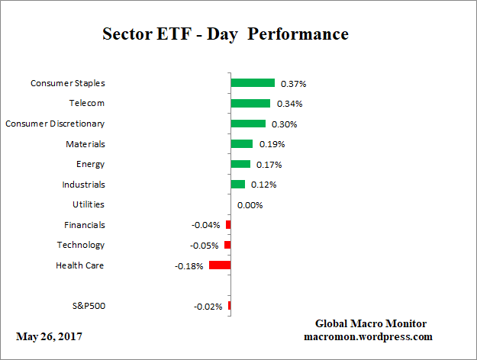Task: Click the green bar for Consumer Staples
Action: click(253, 83)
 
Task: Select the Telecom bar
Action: click(250, 103)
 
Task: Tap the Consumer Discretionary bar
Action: click(248, 124)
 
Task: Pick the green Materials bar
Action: click(241, 143)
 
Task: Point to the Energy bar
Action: click(240, 164)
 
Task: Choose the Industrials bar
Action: click(237, 184)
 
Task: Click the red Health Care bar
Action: click(220, 265)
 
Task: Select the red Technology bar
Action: click(227, 245)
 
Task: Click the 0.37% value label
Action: click(293, 83)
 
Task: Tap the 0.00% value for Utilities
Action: click(250, 204)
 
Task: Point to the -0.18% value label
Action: click(190, 265)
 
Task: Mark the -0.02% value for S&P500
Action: click(208, 307)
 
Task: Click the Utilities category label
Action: click(89, 204)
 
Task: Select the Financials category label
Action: click(85, 225)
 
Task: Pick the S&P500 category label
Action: click(88, 306)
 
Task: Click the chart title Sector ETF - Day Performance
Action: click(225, 34)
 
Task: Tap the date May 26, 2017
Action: click(49, 336)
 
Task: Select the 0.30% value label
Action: click(284, 124)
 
